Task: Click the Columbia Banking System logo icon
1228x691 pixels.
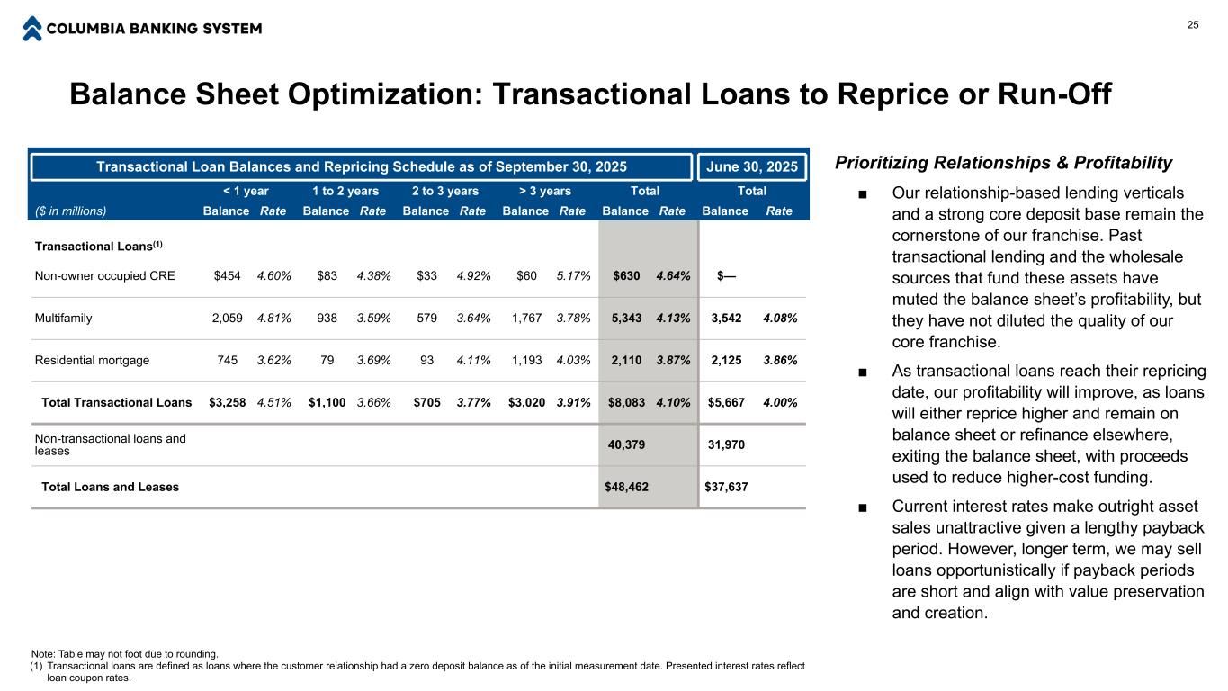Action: pyautogui.click(x=32, y=29)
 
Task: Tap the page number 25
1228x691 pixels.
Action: pyautogui.click(x=1193, y=25)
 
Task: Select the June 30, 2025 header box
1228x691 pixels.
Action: pyautogui.click(x=752, y=166)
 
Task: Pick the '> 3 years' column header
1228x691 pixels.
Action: pyautogui.click(x=545, y=191)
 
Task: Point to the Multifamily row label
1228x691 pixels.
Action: pyautogui.click(x=63, y=318)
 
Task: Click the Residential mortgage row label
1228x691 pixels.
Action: pyautogui.click(x=92, y=360)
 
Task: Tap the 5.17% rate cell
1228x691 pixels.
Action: pyautogui.click(x=573, y=275)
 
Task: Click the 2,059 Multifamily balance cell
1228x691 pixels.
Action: pyautogui.click(x=228, y=318)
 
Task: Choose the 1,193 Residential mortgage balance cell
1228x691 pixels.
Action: pyautogui.click(x=526, y=360)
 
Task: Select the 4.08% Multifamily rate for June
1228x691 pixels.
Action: pyautogui.click(x=780, y=318)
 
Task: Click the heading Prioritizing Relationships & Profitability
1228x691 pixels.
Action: pyautogui.click(x=1003, y=163)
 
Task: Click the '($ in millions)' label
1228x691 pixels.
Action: pyautogui.click(x=70, y=211)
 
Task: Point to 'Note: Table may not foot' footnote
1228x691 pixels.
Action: pyautogui.click(x=124, y=654)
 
